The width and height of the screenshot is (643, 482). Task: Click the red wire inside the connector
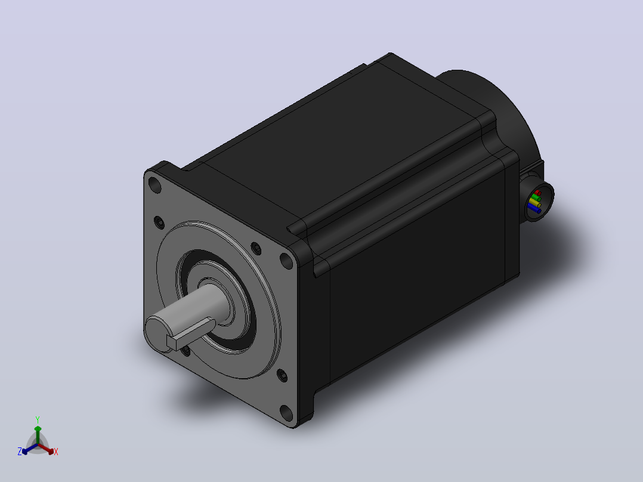[x=537, y=193]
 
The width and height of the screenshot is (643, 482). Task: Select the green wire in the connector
[x=535, y=197]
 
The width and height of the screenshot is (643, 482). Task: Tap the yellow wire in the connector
[x=534, y=203]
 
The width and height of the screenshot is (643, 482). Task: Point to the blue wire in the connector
[x=534, y=209]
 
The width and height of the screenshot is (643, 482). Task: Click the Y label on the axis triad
[x=38, y=420]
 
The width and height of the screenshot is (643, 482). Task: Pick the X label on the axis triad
[x=56, y=452]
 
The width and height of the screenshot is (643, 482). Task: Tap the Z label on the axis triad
[x=19, y=452]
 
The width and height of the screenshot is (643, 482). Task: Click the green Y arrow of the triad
[x=38, y=435]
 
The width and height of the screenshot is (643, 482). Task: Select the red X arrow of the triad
[x=46, y=449]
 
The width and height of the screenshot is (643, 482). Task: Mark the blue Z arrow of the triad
[x=30, y=449]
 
